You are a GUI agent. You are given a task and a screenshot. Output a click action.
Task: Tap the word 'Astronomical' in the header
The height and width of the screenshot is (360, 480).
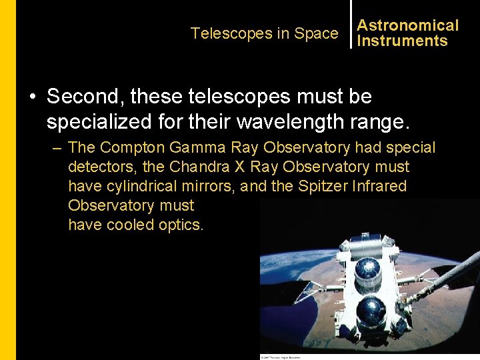[407, 25]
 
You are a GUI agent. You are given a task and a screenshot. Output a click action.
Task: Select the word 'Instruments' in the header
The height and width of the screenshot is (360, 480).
[402, 41]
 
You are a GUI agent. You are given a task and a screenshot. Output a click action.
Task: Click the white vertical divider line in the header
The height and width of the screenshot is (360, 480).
[351, 24]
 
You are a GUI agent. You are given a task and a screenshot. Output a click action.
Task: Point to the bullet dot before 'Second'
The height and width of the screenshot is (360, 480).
[31, 97]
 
